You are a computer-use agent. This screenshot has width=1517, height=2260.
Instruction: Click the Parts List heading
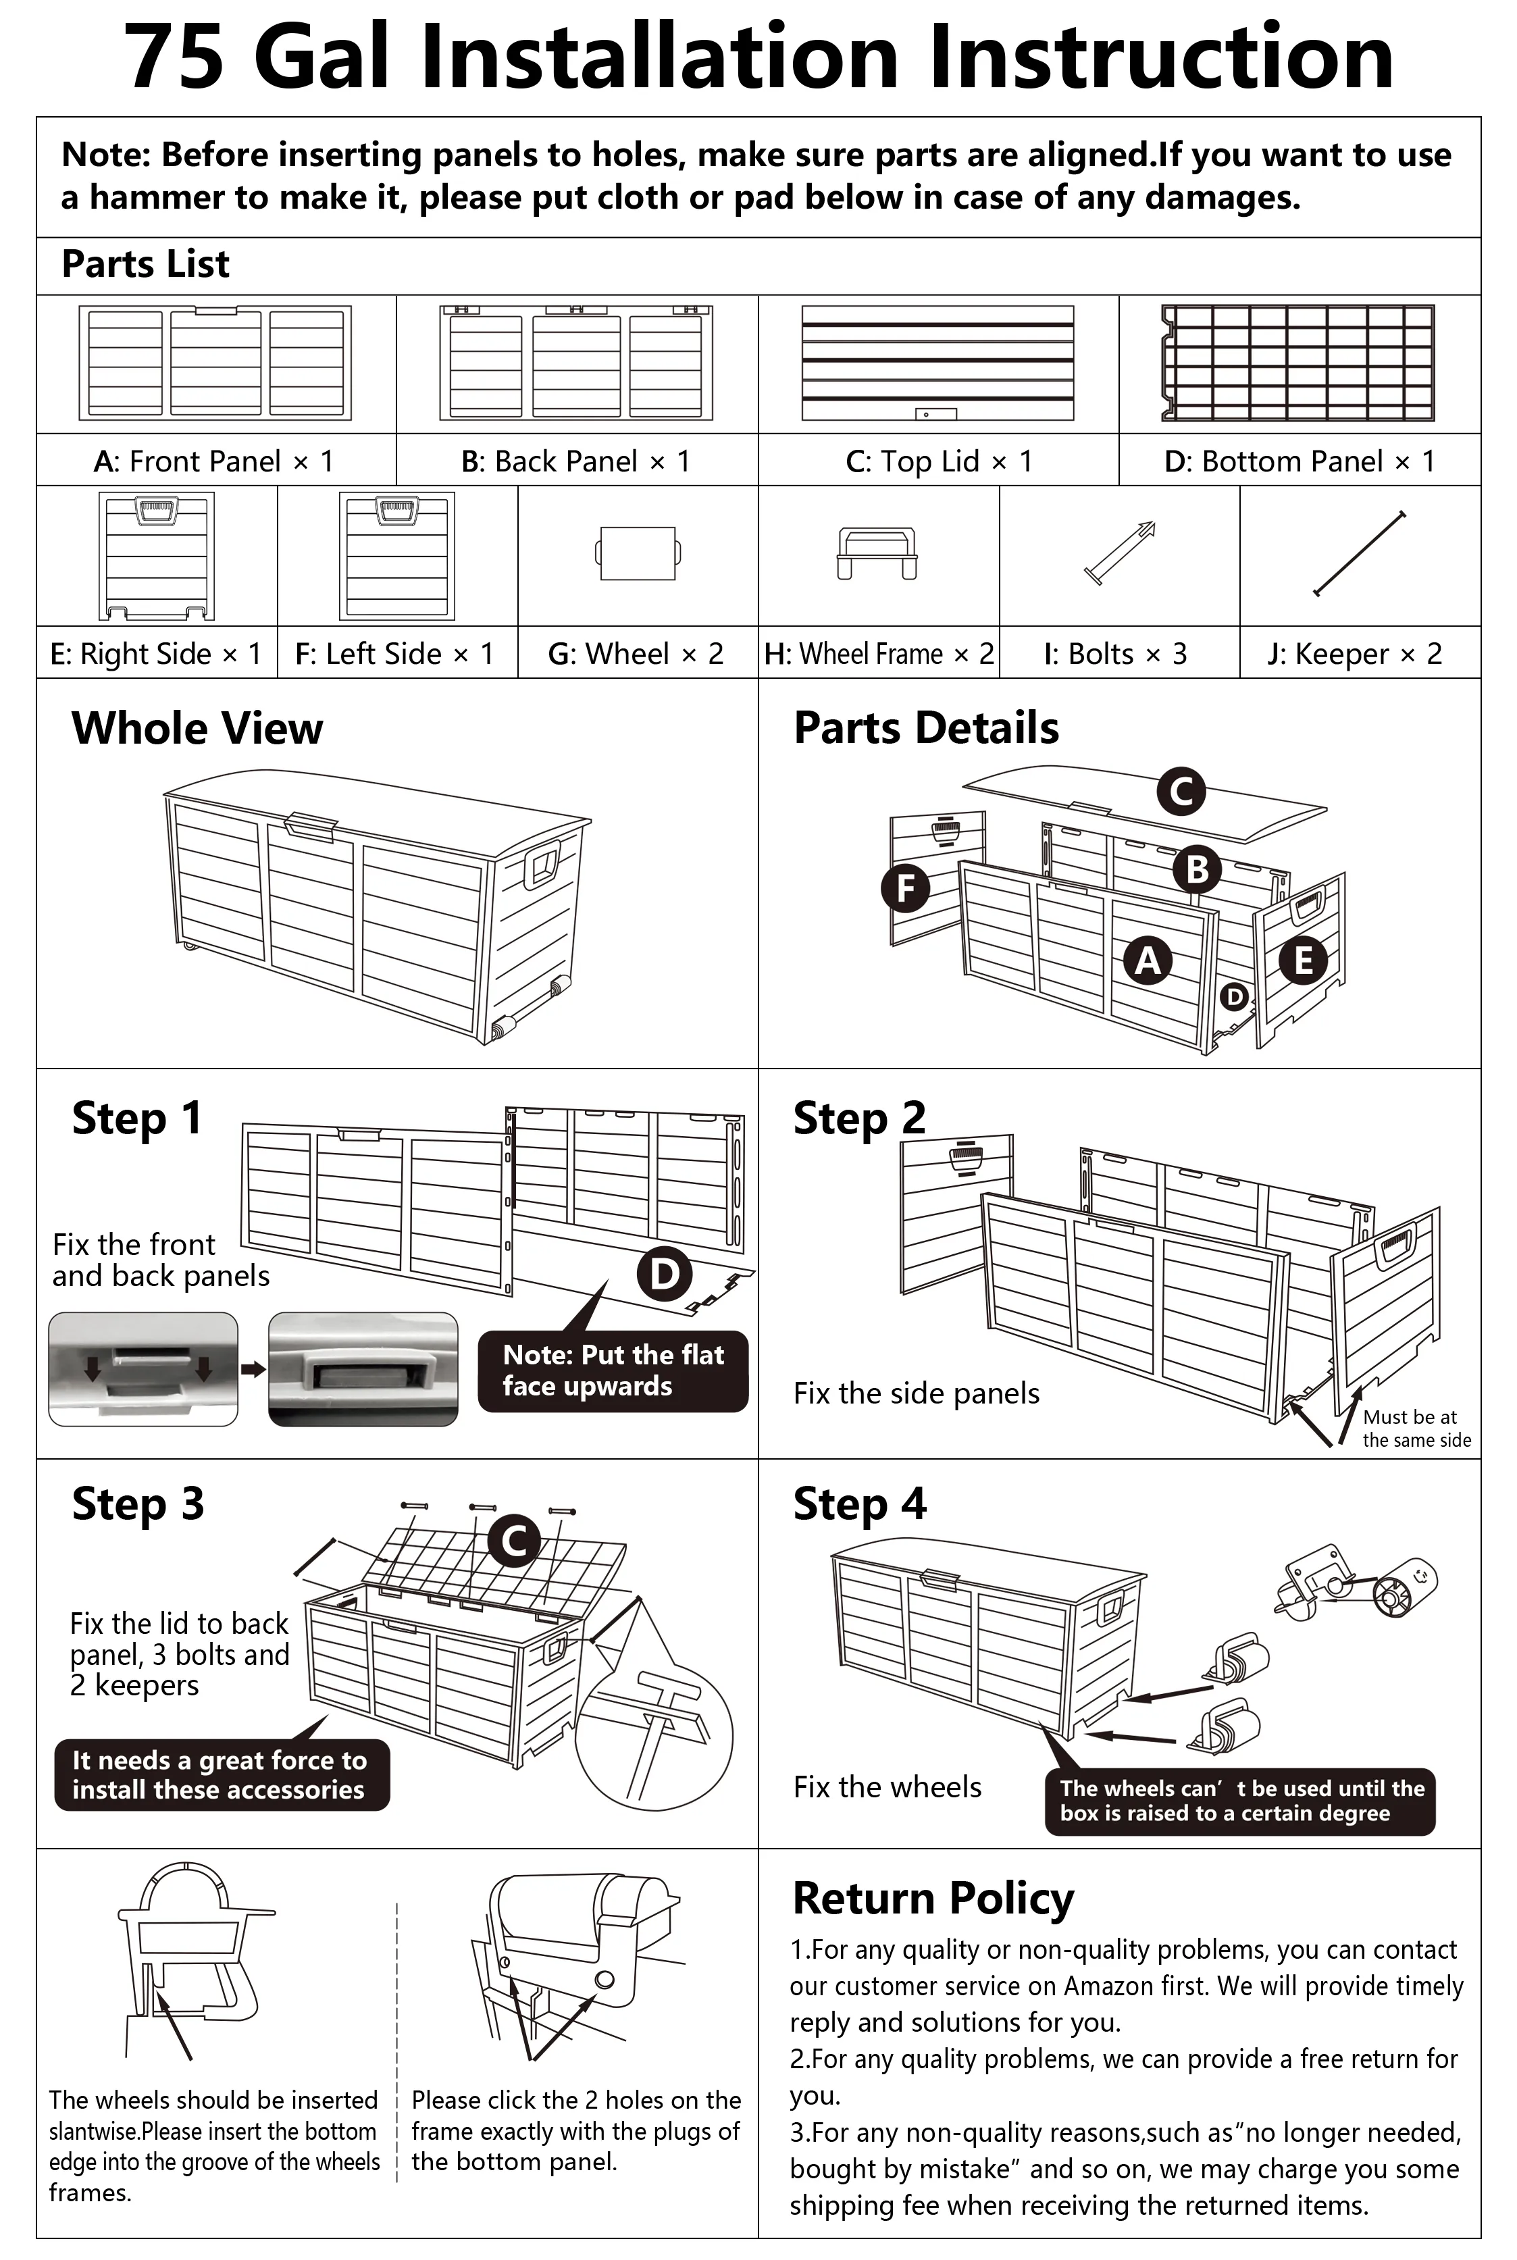pyautogui.click(x=145, y=264)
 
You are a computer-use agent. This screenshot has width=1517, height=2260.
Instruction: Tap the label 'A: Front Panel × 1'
pyautogui.click(x=214, y=461)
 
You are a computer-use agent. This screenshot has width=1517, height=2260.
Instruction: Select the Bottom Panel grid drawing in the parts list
pyautogui.click(x=1297, y=363)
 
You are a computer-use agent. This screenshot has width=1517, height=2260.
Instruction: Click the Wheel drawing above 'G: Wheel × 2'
pyautogui.click(x=638, y=553)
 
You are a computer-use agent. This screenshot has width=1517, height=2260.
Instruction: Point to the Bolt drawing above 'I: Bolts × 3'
pyautogui.click(x=1119, y=553)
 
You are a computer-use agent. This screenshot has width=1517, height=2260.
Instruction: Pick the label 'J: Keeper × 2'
pyautogui.click(x=1354, y=654)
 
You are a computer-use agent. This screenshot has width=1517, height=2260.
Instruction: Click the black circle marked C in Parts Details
pyautogui.click(x=1181, y=792)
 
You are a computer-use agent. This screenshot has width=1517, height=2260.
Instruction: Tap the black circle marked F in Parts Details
pyautogui.click(x=906, y=888)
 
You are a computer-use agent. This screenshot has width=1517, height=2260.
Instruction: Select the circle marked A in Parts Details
pyautogui.click(x=1148, y=960)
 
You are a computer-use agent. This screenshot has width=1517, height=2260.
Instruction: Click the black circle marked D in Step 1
pyautogui.click(x=664, y=1273)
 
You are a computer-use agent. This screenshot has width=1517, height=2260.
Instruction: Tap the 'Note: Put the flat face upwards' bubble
pyautogui.click(x=613, y=1370)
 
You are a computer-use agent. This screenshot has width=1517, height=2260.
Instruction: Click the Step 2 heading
pyautogui.click(x=859, y=1119)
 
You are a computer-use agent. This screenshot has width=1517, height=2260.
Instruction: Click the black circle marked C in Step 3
pyautogui.click(x=514, y=1539)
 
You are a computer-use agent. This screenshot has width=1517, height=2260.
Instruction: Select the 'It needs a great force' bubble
pyautogui.click(x=222, y=1774)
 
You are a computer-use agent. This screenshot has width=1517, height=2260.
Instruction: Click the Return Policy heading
pyautogui.click(x=933, y=1898)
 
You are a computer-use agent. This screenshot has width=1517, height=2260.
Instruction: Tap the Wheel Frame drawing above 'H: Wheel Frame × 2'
pyautogui.click(x=877, y=553)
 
